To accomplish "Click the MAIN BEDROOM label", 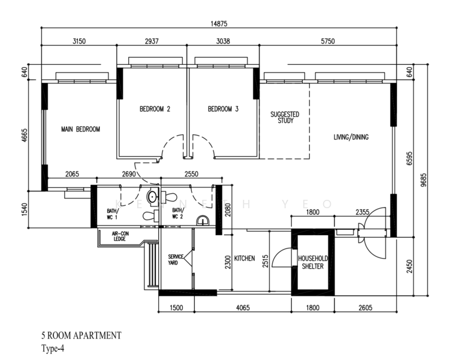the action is coord(80,129).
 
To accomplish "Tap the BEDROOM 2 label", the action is coord(155,109).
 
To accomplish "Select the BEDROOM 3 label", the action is coord(223,109).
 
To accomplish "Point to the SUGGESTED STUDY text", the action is coord(285,118).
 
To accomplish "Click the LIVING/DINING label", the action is coord(351,137).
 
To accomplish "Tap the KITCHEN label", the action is coord(245,258).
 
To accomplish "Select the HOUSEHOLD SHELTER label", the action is coord(313,262).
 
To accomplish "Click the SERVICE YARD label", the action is coord(176,259).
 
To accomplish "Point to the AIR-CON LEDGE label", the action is coord(120,236).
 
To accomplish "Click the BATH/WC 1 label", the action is coord(113,214).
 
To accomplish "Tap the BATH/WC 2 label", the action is coord(178,213).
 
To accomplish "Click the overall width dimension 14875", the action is coord(219,23).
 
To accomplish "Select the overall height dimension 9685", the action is coord(423,180).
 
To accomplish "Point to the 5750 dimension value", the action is coord(327,41).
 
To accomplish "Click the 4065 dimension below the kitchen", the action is coord(243,308).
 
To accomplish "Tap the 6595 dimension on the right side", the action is coord(409,158).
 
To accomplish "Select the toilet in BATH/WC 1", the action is coord(150,215).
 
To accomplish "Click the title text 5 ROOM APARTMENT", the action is coord(81,335).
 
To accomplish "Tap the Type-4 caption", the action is coord(53,349).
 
